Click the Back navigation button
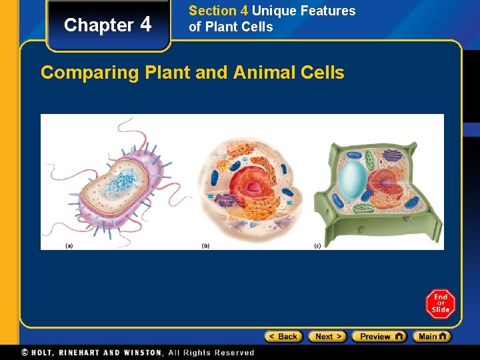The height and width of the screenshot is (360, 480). [x=283, y=337]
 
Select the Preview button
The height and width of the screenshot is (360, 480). [x=379, y=337]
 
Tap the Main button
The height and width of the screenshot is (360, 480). [x=431, y=337]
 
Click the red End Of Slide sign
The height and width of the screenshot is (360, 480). [x=441, y=303]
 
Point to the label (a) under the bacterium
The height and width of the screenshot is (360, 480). [x=69, y=245]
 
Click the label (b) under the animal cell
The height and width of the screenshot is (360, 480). [x=205, y=245]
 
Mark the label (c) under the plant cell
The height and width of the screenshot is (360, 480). [x=317, y=245]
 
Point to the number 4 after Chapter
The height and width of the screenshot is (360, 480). [x=147, y=25]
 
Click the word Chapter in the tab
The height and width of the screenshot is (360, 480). [x=99, y=25]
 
